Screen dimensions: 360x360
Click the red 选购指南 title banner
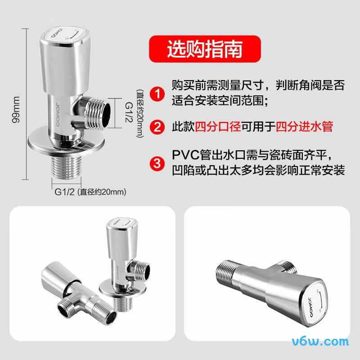click(x=205, y=49)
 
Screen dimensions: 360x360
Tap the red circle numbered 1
click(x=157, y=94)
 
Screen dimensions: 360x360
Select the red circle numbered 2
click(x=157, y=127)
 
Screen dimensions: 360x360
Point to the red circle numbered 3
click(x=157, y=164)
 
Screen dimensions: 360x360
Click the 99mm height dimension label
click(x=16, y=110)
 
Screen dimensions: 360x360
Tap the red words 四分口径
click(x=218, y=126)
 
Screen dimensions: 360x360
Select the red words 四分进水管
click(x=304, y=126)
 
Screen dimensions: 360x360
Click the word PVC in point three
click(x=185, y=155)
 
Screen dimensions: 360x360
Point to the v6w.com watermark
click(x=320, y=342)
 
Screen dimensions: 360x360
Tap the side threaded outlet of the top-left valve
click(x=98, y=113)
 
